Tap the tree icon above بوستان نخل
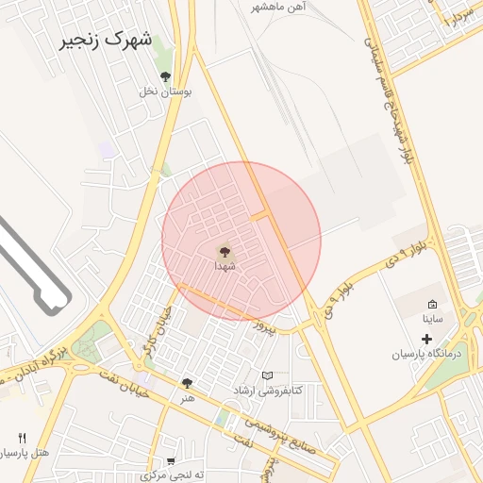[x=166, y=76]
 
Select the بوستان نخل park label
[x=166, y=92]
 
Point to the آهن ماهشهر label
[x=279, y=7]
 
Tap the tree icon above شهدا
[x=225, y=252]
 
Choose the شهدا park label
[x=225, y=267]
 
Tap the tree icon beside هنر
[x=187, y=383]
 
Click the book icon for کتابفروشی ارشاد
[x=268, y=375]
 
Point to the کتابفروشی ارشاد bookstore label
[x=268, y=390]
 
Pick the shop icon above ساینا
[x=432, y=305]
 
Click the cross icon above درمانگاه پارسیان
[x=426, y=339]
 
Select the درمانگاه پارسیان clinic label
[x=430, y=354]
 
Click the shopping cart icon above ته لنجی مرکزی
[x=171, y=462]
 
